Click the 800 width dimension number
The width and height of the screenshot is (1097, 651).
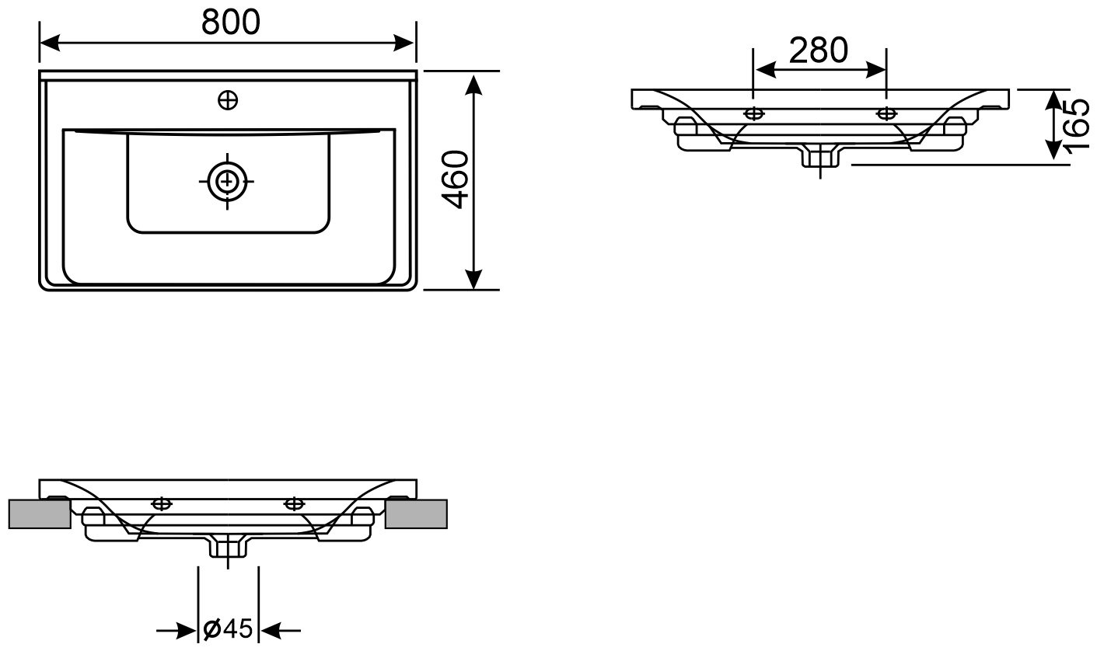[x=231, y=22]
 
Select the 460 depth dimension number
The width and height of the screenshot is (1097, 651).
[x=456, y=179]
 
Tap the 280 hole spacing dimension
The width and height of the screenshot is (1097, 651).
[x=819, y=50]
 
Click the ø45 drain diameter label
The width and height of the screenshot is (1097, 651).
[x=228, y=628]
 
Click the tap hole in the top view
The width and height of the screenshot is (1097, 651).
[x=228, y=100]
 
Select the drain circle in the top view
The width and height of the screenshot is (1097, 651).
[x=226, y=182]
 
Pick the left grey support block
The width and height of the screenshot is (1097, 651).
[x=40, y=514]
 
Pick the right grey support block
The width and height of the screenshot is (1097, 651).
[x=416, y=514]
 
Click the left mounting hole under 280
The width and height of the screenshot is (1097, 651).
[x=753, y=114]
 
